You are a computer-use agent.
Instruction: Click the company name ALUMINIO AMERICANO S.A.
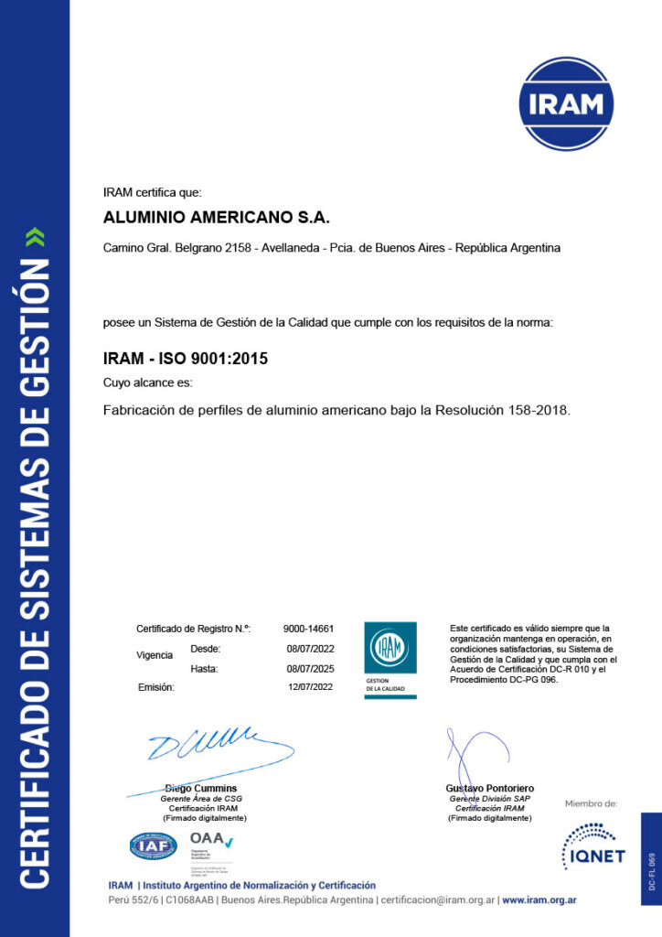coord(216,218)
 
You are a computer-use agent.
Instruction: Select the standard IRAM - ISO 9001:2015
coord(186,360)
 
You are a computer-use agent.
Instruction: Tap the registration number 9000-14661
coord(308,629)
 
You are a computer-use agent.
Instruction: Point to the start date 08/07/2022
coord(310,649)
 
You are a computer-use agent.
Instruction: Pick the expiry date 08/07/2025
coord(310,669)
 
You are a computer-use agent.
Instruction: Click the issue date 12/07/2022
coord(310,686)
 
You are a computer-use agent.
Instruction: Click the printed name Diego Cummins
coord(201,789)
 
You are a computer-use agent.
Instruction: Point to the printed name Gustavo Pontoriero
coord(490,789)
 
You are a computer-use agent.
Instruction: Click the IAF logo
coord(154,846)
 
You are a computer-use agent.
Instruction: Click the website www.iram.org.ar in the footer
coord(539,900)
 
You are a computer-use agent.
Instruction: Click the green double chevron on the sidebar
coord(35,238)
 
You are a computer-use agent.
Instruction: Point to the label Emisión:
coord(155,686)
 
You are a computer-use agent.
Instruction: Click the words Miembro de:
coord(591,804)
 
